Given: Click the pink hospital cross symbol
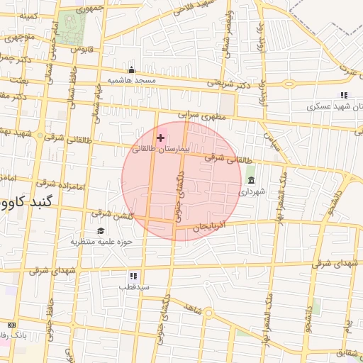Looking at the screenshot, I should pyautogui.click(x=161, y=138).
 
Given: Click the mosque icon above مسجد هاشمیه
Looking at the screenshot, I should pyautogui.click(x=131, y=69).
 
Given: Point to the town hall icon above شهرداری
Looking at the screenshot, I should pyautogui.click(x=251, y=180).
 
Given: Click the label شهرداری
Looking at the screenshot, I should pyautogui.click(x=252, y=191).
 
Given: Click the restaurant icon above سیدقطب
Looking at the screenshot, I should pyautogui.click(x=133, y=276).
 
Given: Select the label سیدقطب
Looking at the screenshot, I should pyautogui.click(x=133, y=287).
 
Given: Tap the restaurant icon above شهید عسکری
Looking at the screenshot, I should pyautogui.click(x=344, y=95).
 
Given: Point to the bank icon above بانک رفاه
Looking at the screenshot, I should pyautogui.click(x=11, y=325).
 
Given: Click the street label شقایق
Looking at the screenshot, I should pyautogui.click(x=348, y=352).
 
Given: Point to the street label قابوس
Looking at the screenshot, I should pyautogui.click(x=83, y=49).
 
